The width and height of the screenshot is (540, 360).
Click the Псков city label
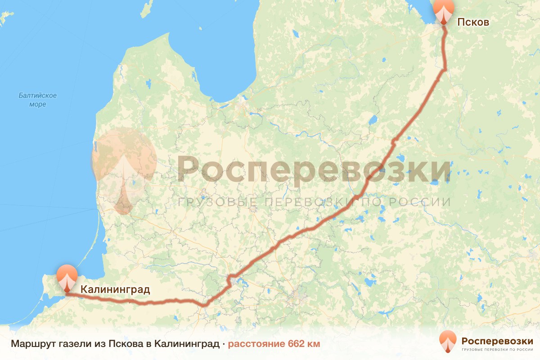pyautogui.click(x=473, y=22)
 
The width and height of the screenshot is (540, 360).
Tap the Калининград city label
pyautogui.click(x=115, y=289)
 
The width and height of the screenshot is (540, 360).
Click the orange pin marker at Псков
pyautogui.click(x=444, y=11)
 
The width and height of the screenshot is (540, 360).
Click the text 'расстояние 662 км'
pyautogui.click(x=274, y=344)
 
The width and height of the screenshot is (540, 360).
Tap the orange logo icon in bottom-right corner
pyautogui.click(x=448, y=342)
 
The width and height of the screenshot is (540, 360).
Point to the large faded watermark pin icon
pyautogui.click(x=124, y=171)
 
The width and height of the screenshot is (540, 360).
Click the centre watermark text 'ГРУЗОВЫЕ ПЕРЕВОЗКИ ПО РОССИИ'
pyautogui.click(x=314, y=202)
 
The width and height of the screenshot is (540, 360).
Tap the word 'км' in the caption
pyautogui.click(x=313, y=344)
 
